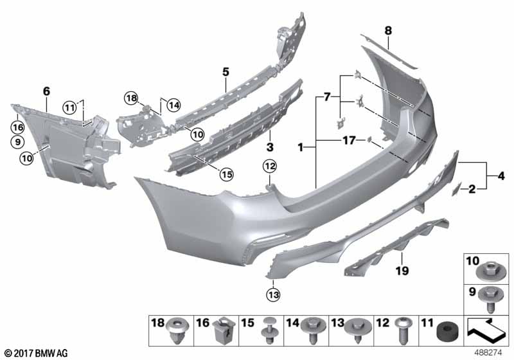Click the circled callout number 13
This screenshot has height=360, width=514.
pos(274,295)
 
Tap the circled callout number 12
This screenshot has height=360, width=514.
pos(269,166)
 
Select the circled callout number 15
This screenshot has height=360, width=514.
pos(227,174)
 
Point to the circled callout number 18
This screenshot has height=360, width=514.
pos(131,98)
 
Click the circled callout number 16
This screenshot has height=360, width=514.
pos(18,127)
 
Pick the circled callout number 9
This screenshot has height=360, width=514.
pos(18,142)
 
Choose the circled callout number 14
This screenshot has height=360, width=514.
pos(173,105)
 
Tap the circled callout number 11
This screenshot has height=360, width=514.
pos(69,107)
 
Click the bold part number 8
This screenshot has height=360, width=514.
pos(388,31)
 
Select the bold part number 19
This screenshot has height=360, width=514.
pos(402,271)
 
